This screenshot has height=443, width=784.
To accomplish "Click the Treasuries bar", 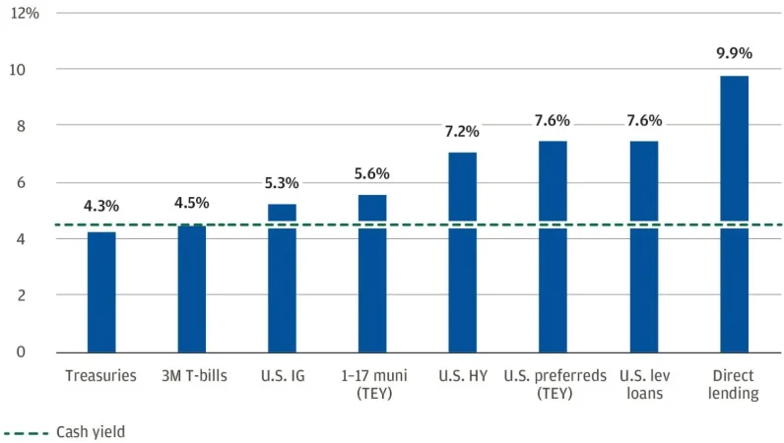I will pyautogui.click(x=100, y=291).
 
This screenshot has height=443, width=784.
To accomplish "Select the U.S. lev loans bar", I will pyautogui.click(x=643, y=246).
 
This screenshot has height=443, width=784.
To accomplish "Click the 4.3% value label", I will pyautogui.click(x=100, y=207).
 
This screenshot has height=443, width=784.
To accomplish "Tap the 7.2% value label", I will pyautogui.click(x=463, y=131).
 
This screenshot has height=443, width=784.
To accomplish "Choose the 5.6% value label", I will pyautogui.click(x=372, y=174).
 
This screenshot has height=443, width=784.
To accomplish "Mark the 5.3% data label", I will pyautogui.click(x=282, y=183).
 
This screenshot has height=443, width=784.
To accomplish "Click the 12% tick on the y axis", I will pyautogui.click(x=26, y=14).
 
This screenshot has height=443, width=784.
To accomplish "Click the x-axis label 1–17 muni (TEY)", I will pyautogui.click(x=372, y=384).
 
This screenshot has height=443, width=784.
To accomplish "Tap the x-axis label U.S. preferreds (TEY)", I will pyautogui.click(x=553, y=384).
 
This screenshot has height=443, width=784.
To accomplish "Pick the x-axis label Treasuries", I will pyautogui.click(x=100, y=375).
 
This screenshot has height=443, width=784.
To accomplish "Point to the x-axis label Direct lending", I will pyautogui.click(x=734, y=384).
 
